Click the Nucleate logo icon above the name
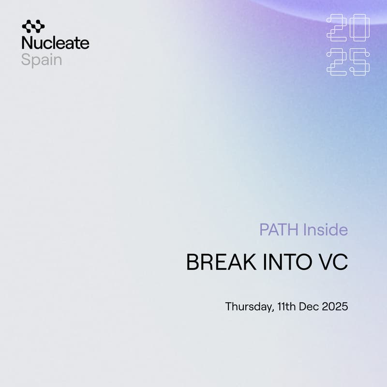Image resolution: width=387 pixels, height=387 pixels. pyautogui.click(x=33, y=26)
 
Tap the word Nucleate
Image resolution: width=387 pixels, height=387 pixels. pyautogui.click(x=55, y=43)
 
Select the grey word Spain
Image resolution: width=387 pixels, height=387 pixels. pyautogui.click(x=42, y=60)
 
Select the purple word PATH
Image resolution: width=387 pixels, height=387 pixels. pyautogui.click(x=279, y=229)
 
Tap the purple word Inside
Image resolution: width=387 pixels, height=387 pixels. pyautogui.click(x=325, y=229)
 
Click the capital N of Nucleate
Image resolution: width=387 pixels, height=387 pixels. pyautogui.click(x=27, y=43)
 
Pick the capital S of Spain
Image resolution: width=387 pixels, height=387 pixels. pyautogui.click(x=25, y=60)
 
